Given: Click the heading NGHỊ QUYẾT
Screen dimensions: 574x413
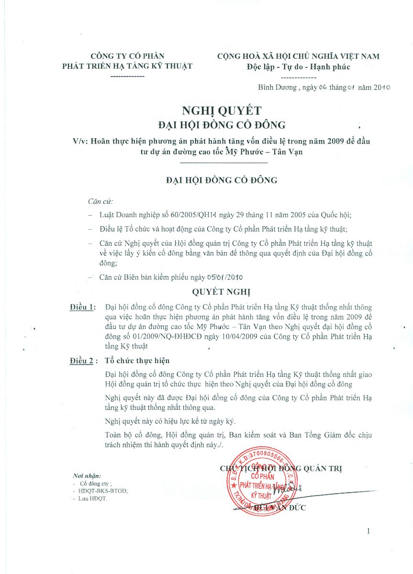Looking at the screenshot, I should click(x=222, y=111).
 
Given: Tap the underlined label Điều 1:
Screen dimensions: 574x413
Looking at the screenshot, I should click(x=82, y=307).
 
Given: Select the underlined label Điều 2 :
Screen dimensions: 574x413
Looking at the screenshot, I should click(x=83, y=361).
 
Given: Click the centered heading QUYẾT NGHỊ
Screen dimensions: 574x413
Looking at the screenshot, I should click(x=221, y=292).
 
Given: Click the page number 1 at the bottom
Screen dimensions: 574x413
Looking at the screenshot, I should click(x=368, y=531).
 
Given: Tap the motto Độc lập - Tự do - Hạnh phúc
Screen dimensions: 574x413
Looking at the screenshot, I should click(x=298, y=67).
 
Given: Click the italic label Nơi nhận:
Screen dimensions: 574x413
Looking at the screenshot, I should click(x=87, y=476).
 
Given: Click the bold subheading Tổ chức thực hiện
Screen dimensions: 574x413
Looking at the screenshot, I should click(x=137, y=361).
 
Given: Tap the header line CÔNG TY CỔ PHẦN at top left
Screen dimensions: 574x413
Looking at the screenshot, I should click(x=127, y=56).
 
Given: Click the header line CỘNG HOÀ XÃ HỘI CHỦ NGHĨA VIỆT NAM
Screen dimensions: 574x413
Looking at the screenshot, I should click(x=298, y=56).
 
